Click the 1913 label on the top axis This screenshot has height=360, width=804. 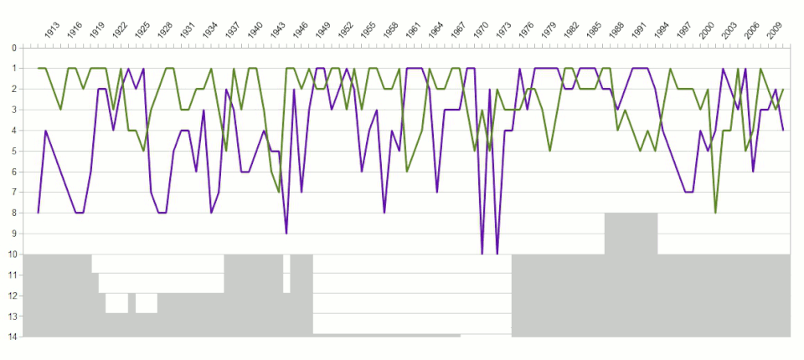click(x=52, y=31)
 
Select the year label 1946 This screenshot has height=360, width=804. click(x=301, y=31)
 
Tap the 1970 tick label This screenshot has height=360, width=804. click(x=482, y=31)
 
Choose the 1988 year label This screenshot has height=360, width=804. click(x=617, y=31)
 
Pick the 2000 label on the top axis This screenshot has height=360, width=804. click(x=708, y=31)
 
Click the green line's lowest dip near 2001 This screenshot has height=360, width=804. click(x=715, y=213)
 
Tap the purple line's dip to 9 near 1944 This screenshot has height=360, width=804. click(x=286, y=233)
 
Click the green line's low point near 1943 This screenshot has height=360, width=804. click(x=279, y=192)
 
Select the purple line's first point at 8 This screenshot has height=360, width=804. click(x=39, y=213)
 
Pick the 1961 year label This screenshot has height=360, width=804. click(x=414, y=31)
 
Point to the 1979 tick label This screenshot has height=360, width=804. click(x=549, y=31)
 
